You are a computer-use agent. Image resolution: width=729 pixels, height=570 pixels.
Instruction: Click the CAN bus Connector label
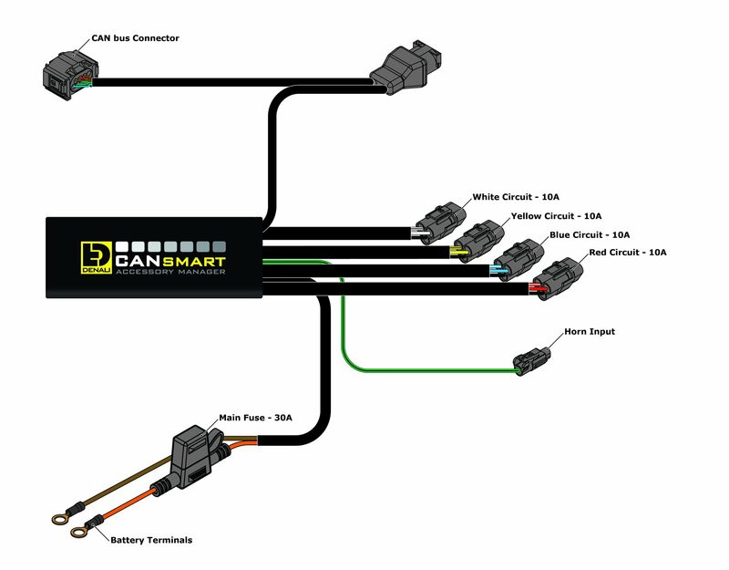[135, 38]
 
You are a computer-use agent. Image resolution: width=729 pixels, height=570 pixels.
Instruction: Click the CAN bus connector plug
[68, 73]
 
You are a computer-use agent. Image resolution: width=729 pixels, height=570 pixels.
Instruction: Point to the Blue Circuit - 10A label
[589, 234]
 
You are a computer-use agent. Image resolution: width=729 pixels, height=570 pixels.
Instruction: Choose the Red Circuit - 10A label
[628, 252]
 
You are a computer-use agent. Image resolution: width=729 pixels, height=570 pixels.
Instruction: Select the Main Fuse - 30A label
[256, 419]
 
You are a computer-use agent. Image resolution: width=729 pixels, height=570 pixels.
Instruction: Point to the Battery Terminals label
[151, 540]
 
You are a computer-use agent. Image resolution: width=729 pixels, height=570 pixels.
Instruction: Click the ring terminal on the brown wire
[61, 519]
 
